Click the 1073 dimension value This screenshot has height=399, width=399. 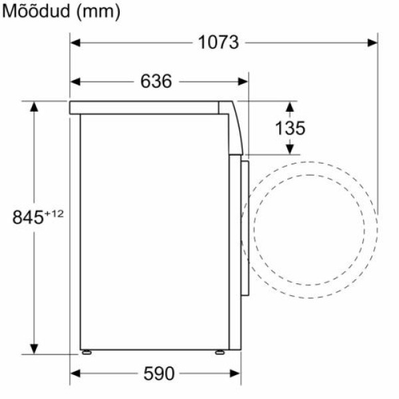218,43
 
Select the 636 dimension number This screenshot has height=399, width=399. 156,81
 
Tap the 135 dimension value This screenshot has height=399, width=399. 290,128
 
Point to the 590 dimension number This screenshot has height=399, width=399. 159,373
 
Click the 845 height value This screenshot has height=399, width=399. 28,217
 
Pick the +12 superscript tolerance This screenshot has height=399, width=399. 54,213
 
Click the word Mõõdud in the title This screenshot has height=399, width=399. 36,11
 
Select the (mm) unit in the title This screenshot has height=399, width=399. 98,12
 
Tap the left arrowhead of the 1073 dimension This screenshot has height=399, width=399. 75,43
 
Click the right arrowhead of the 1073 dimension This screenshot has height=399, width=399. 372,43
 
